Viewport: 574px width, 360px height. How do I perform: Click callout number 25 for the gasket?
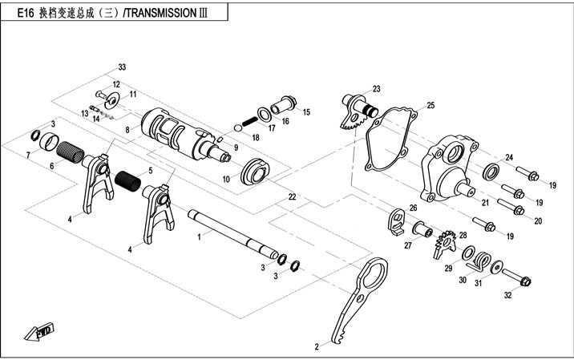click(430, 105)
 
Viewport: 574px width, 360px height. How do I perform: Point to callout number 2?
click(316, 346)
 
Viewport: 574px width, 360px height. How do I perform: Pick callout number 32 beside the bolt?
click(507, 296)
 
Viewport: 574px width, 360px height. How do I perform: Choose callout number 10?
click(227, 178)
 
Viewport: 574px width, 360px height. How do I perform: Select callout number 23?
click(377, 89)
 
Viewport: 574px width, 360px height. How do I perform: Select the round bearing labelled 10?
click(261, 170)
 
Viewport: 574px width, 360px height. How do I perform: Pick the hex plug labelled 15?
click(285, 104)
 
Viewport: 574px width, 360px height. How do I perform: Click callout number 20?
click(538, 220)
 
